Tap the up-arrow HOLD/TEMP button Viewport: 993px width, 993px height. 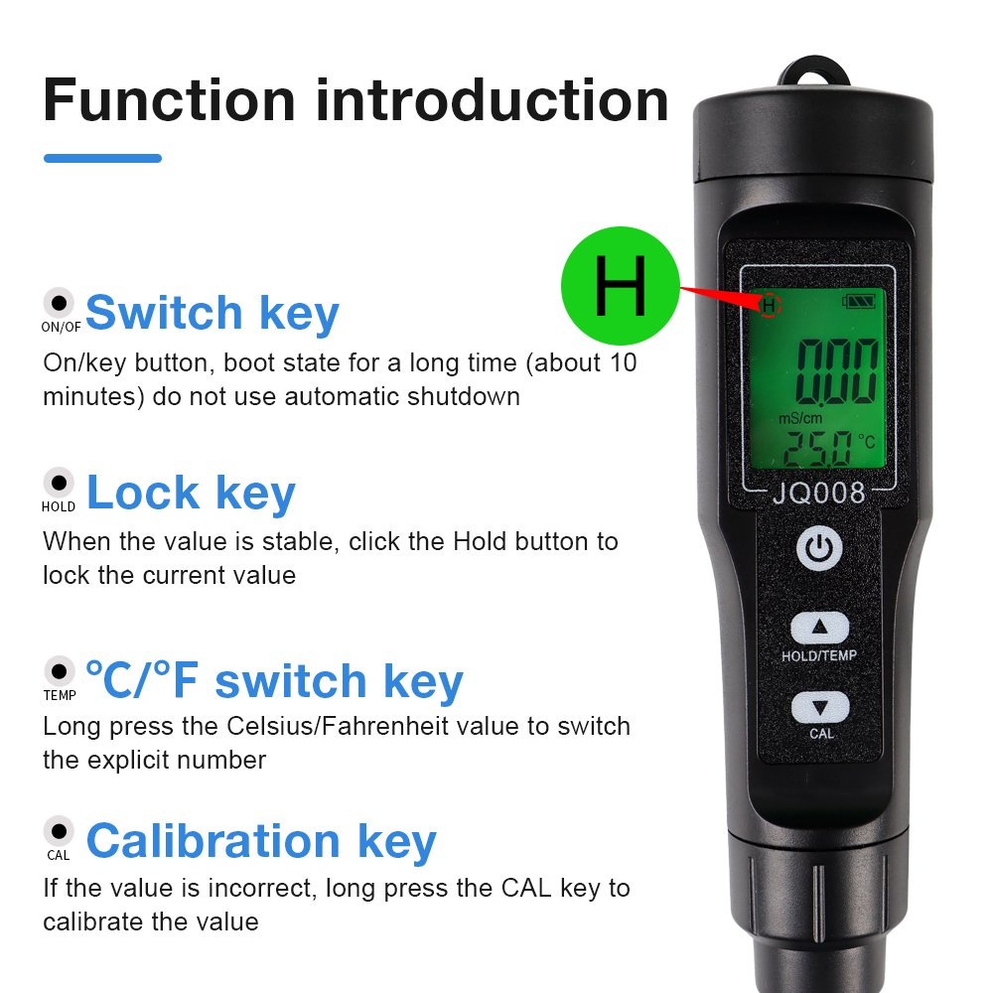click(x=819, y=627)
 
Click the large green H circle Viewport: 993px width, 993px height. click(x=620, y=286)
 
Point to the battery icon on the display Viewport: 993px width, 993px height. click(x=859, y=301)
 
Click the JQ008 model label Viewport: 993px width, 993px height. click(x=819, y=493)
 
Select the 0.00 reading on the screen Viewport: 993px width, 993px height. click(x=837, y=371)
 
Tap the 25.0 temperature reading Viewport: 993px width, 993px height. click(x=817, y=449)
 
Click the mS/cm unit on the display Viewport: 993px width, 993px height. click(x=800, y=418)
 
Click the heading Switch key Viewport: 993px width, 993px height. click(x=213, y=313)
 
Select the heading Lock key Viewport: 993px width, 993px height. click(x=191, y=493)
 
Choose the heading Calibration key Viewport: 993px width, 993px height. click(x=261, y=842)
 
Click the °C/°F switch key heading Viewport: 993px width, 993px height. click(x=274, y=681)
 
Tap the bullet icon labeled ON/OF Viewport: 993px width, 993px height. click(x=59, y=303)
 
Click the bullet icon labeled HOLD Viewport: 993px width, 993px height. click(x=59, y=483)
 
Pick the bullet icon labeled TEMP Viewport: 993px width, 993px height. click(x=59, y=670)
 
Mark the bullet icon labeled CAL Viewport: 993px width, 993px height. click(x=59, y=831)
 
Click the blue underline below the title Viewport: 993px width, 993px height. click(x=102, y=158)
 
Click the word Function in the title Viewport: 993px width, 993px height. click(x=170, y=100)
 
